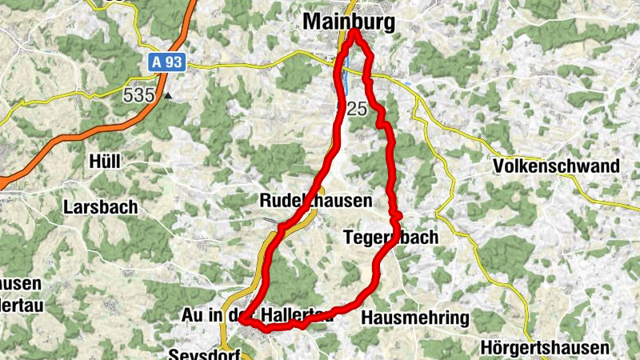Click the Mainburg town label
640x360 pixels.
(349, 23)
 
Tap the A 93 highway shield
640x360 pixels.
(166, 62)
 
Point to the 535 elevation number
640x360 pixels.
(138, 95)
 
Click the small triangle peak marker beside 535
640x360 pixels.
(168, 96)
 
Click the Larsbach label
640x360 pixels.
(100, 206)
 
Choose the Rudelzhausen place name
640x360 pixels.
(316, 201)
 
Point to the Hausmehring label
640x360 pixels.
(414, 318)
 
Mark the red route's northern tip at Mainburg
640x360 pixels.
(353, 31)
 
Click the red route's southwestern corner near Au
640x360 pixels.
(242, 322)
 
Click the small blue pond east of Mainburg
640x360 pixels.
(406, 82)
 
